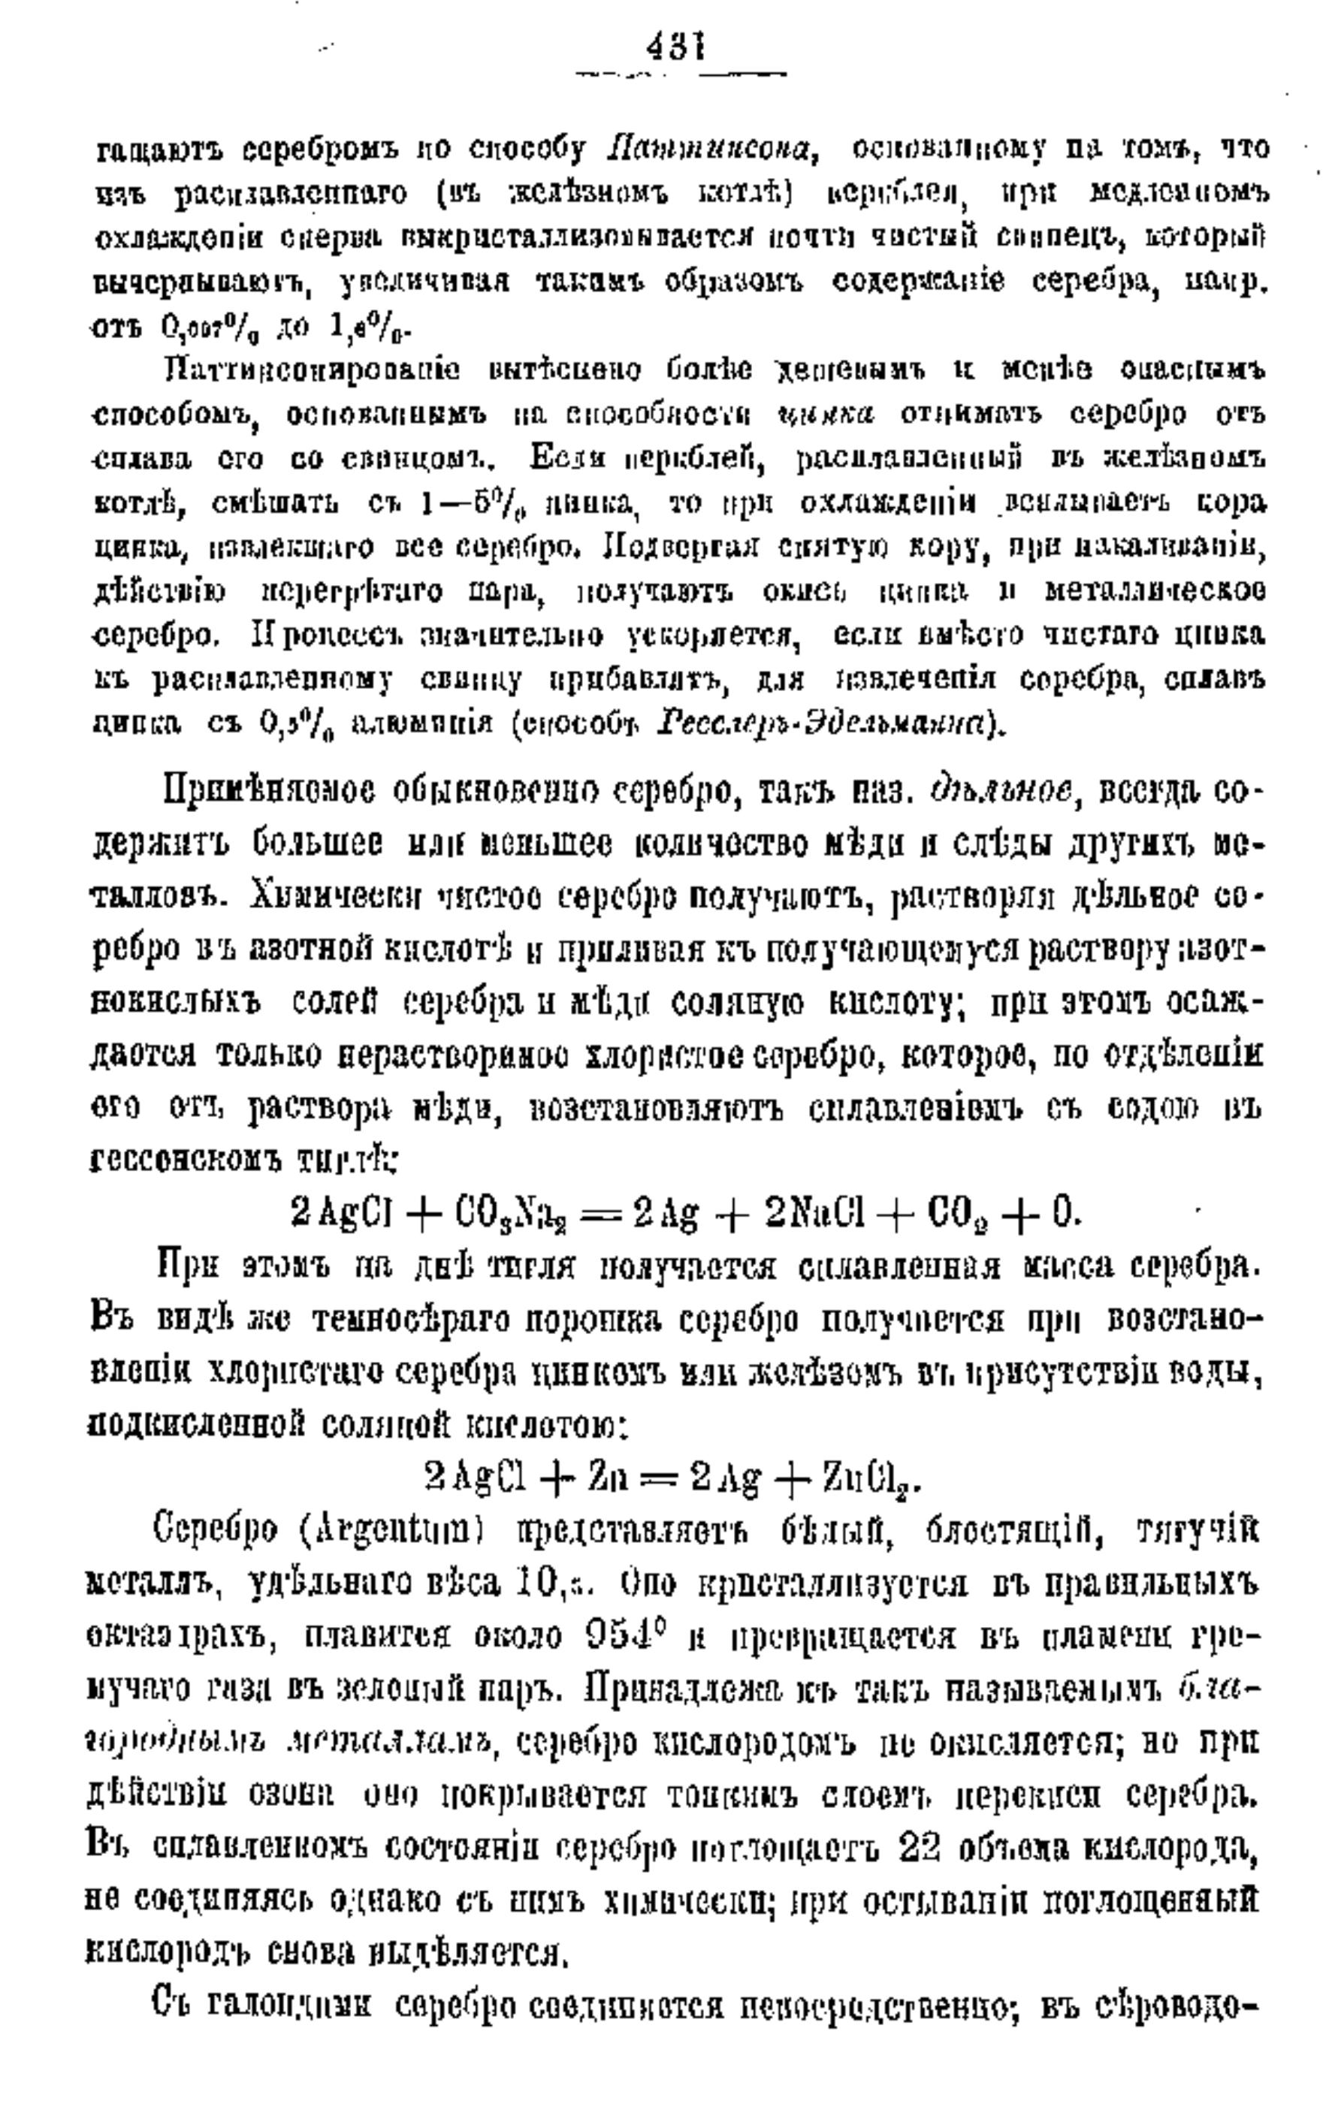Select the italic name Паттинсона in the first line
709,150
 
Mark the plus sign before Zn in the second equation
549,1474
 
